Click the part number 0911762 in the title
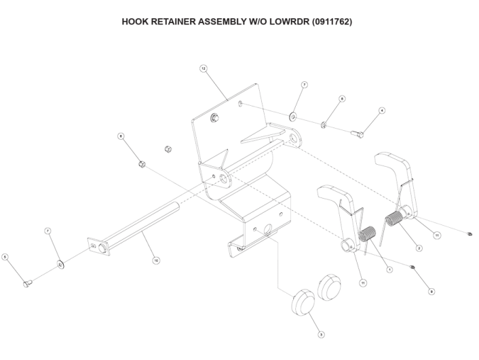coord(330,22)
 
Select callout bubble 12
coord(203,68)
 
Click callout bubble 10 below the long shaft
coord(156,260)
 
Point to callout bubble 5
coord(5,257)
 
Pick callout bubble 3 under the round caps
coord(322,334)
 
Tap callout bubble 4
coord(382,110)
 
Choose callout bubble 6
coord(342,99)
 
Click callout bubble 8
coord(121,136)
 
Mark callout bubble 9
coord(432,291)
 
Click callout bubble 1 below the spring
coord(389,269)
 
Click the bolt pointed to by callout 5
coord(28,283)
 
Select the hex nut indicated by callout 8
coord(142,163)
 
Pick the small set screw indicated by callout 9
coord(413,269)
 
